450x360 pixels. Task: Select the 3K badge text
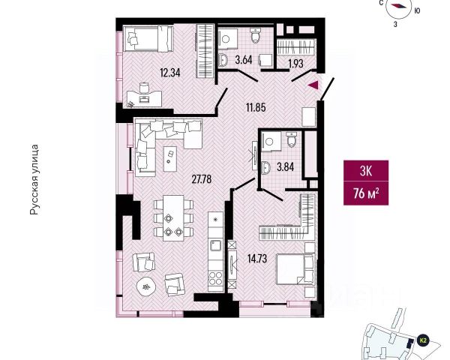point(365,171)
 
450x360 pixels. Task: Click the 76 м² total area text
point(365,195)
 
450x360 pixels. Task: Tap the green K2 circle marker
point(422,340)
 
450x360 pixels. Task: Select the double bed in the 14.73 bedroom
point(295,268)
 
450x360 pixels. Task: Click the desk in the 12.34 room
point(143,96)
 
